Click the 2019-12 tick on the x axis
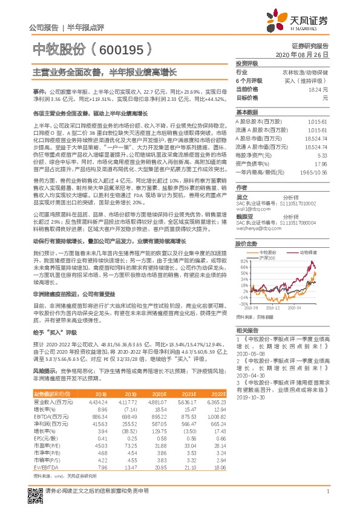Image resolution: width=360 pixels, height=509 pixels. coord(273,307)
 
